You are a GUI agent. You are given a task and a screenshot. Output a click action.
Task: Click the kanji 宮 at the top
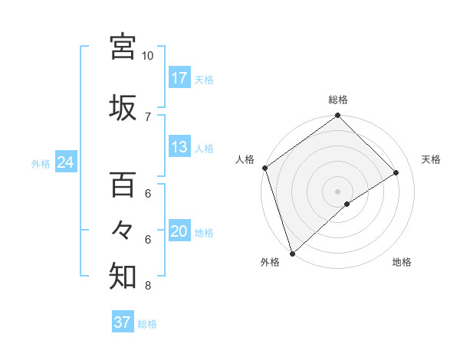pos(123,47)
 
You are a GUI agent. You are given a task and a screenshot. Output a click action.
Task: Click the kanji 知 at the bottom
pos(123,277)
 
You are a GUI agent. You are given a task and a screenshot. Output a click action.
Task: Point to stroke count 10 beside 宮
pos(148,56)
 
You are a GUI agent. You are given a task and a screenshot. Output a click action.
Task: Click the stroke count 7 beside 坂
pos(148,116)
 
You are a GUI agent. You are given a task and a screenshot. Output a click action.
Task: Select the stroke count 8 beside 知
pos(148,286)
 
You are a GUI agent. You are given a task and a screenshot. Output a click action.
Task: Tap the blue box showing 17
pos(179,77)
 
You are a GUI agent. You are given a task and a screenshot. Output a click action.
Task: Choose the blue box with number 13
pos(179,147)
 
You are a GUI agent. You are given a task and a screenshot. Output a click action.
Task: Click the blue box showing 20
pos(179,231)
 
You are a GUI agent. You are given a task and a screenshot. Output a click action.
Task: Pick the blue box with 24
pos(66,162)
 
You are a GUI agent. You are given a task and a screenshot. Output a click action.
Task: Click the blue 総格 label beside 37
pos(147,324)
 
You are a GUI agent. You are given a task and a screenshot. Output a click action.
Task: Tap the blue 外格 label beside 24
pos(41,163)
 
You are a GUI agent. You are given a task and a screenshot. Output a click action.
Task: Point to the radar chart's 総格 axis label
pos(338,100)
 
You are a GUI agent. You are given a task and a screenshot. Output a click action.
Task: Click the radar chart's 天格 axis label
pos(432,159)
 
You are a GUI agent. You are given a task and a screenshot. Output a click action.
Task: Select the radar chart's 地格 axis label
pos(402,263)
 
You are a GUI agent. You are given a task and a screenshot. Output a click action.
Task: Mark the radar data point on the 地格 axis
pos(347,204)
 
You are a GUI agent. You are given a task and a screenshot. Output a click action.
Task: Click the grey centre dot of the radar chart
pos(338,191)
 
